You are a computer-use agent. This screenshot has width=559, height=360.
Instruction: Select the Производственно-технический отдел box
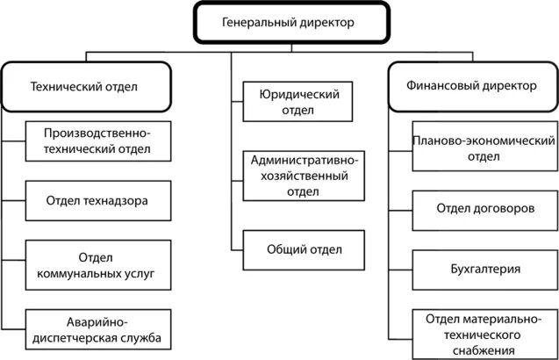pos(98,140)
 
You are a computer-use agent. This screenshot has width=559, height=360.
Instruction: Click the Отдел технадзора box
pos(98,201)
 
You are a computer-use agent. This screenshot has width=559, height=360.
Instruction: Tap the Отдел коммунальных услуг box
pos(98,265)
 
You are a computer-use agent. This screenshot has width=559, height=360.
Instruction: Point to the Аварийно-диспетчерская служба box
pos(98,329)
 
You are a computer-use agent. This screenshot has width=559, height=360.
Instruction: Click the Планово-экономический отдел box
pos(485,149)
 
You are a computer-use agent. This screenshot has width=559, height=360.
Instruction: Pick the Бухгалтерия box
pos(485,270)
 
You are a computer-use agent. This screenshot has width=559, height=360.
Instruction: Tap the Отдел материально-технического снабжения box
pos(485,335)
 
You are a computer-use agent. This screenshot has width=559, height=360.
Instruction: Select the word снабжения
pos(485,350)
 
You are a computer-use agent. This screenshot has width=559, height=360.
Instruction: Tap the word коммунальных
pos(88,273)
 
